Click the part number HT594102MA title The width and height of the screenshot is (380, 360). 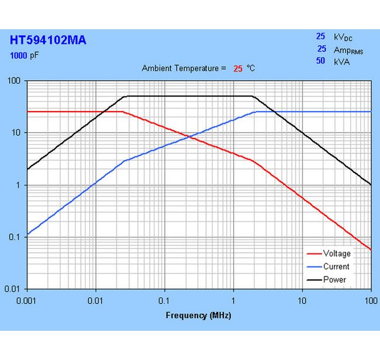48,40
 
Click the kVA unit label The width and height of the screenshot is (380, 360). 342,61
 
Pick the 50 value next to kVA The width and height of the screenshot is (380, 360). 321,61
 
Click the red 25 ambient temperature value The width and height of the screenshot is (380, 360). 238,68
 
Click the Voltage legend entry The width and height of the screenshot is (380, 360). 337,254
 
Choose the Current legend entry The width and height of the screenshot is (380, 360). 336,266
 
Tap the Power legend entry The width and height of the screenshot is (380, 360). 334,279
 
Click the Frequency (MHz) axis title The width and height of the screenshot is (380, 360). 199,316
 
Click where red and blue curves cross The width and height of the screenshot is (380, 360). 191,137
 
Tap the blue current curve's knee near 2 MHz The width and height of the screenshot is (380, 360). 257,112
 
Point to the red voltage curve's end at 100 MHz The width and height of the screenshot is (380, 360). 371,250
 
